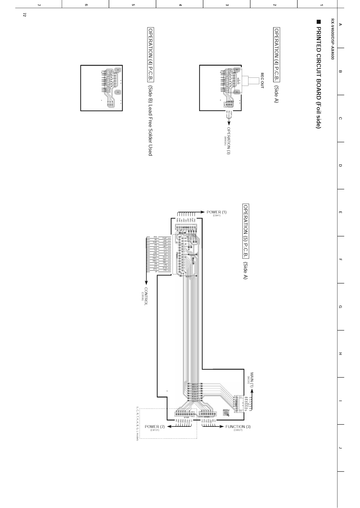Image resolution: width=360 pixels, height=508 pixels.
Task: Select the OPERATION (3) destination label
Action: coord(228,141)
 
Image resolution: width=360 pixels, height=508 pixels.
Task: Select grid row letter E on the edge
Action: coord(340,212)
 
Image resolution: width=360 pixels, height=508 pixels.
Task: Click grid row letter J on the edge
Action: coord(340,448)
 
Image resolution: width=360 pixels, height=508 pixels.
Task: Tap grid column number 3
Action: coord(227,4)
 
